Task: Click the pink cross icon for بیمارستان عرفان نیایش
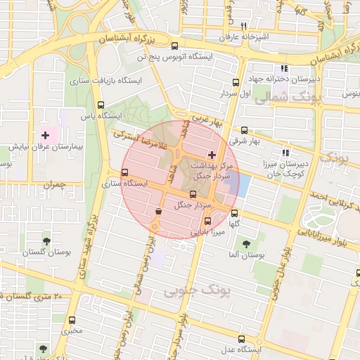pos(46,134)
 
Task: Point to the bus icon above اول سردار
pos(235,82)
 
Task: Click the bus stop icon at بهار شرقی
pos(244,129)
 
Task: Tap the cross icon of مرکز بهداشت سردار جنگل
pos(212,154)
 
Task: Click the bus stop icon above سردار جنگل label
pos(193,194)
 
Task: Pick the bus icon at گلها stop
pos(234,213)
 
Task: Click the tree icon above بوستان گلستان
pos(46,240)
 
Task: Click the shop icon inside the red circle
pos(159,210)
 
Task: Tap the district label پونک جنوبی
pos(186,290)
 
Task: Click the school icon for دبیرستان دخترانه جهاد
pos(284,69)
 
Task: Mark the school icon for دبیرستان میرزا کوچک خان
pos(285,153)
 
